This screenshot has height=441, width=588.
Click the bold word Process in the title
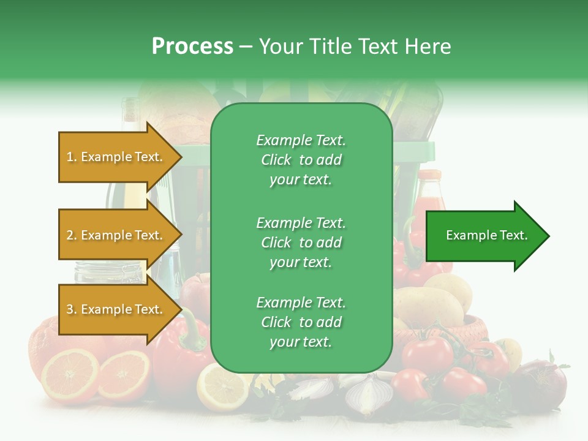click(x=192, y=47)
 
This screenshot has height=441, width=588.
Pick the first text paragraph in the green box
click(x=301, y=160)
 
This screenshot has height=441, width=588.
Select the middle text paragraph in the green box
click(x=301, y=243)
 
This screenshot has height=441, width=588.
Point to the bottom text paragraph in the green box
click(x=301, y=322)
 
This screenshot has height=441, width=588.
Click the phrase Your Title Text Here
click(x=355, y=47)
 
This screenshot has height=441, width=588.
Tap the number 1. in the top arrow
click(x=72, y=157)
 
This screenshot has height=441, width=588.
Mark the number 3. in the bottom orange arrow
click(x=72, y=310)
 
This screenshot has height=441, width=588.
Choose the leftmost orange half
click(x=69, y=375)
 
